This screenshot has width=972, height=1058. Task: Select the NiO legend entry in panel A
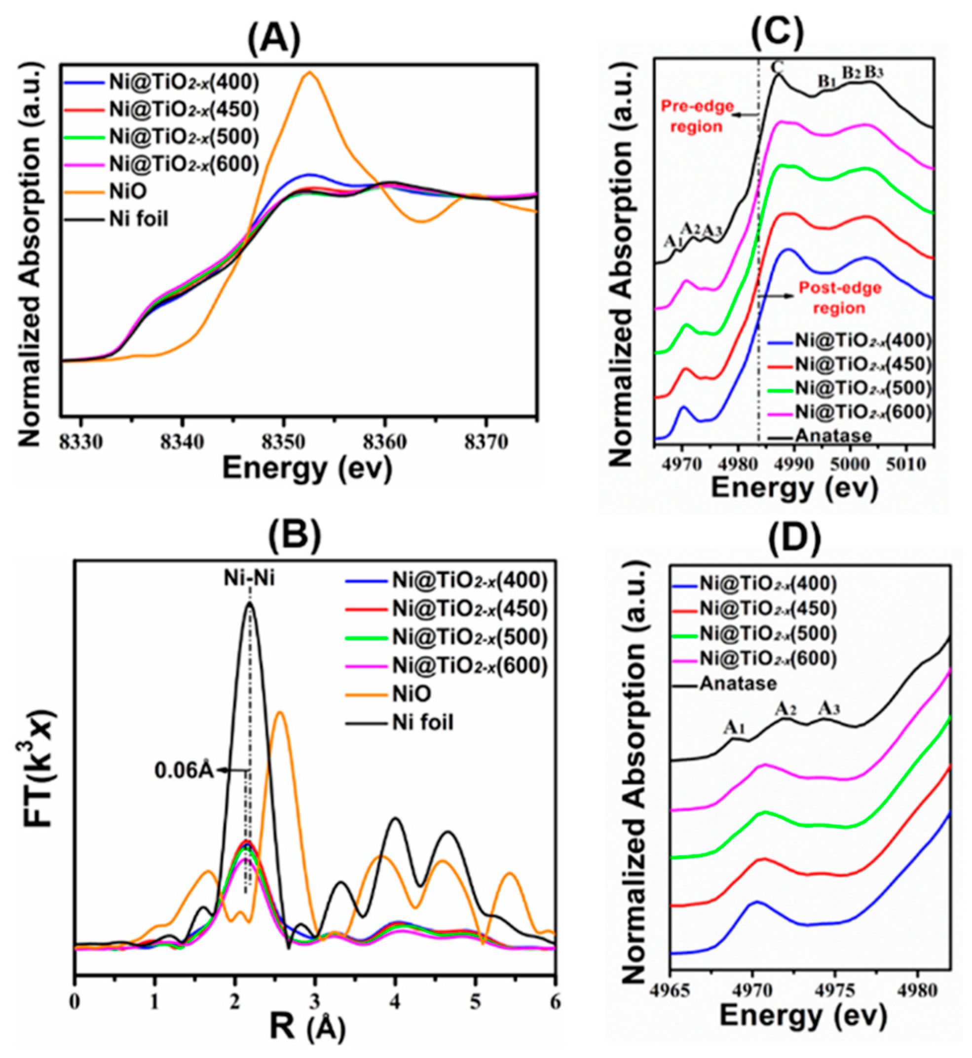(128, 191)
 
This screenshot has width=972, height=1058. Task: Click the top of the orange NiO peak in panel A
(310, 73)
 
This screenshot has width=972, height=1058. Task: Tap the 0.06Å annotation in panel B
(184, 771)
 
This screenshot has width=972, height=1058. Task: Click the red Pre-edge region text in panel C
(697, 116)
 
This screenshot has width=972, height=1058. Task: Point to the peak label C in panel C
(777, 67)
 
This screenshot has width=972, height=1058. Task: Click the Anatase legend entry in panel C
(834, 436)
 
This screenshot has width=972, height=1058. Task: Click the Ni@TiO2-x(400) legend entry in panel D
(768, 583)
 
